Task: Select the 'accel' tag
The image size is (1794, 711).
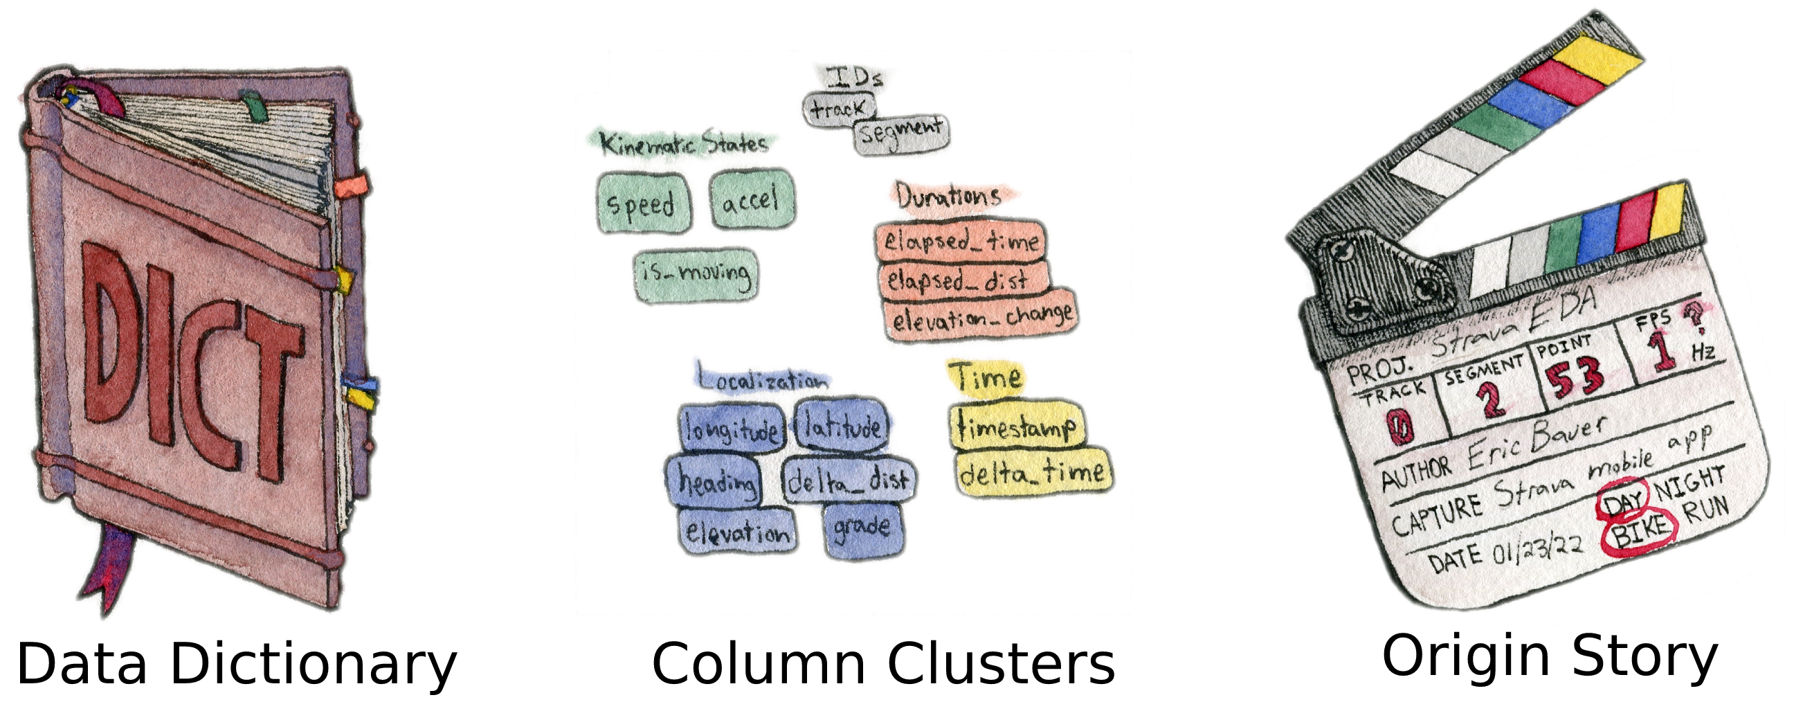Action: pyautogui.click(x=752, y=199)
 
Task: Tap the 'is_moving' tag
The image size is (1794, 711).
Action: pyautogui.click(x=696, y=276)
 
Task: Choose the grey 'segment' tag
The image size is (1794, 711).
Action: pyautogui.click(x=901, y=132)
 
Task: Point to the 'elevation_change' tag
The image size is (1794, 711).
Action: pyautogui.click(x=981, y=318)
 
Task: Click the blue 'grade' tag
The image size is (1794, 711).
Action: pyautogui.click(x=864, y=530)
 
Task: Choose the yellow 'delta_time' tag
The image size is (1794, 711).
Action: pyautogui.click(x=1032, y=474)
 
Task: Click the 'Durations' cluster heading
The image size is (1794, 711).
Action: pyautogui.click(x=948, y=197)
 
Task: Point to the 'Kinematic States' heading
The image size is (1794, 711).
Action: pyautogui.click(x=683, y=143)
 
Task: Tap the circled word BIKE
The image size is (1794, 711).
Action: pyautogui.click(x=1640, y=534)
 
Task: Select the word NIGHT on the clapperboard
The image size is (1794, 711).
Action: pyautogui.click(x=1690, y=481)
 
